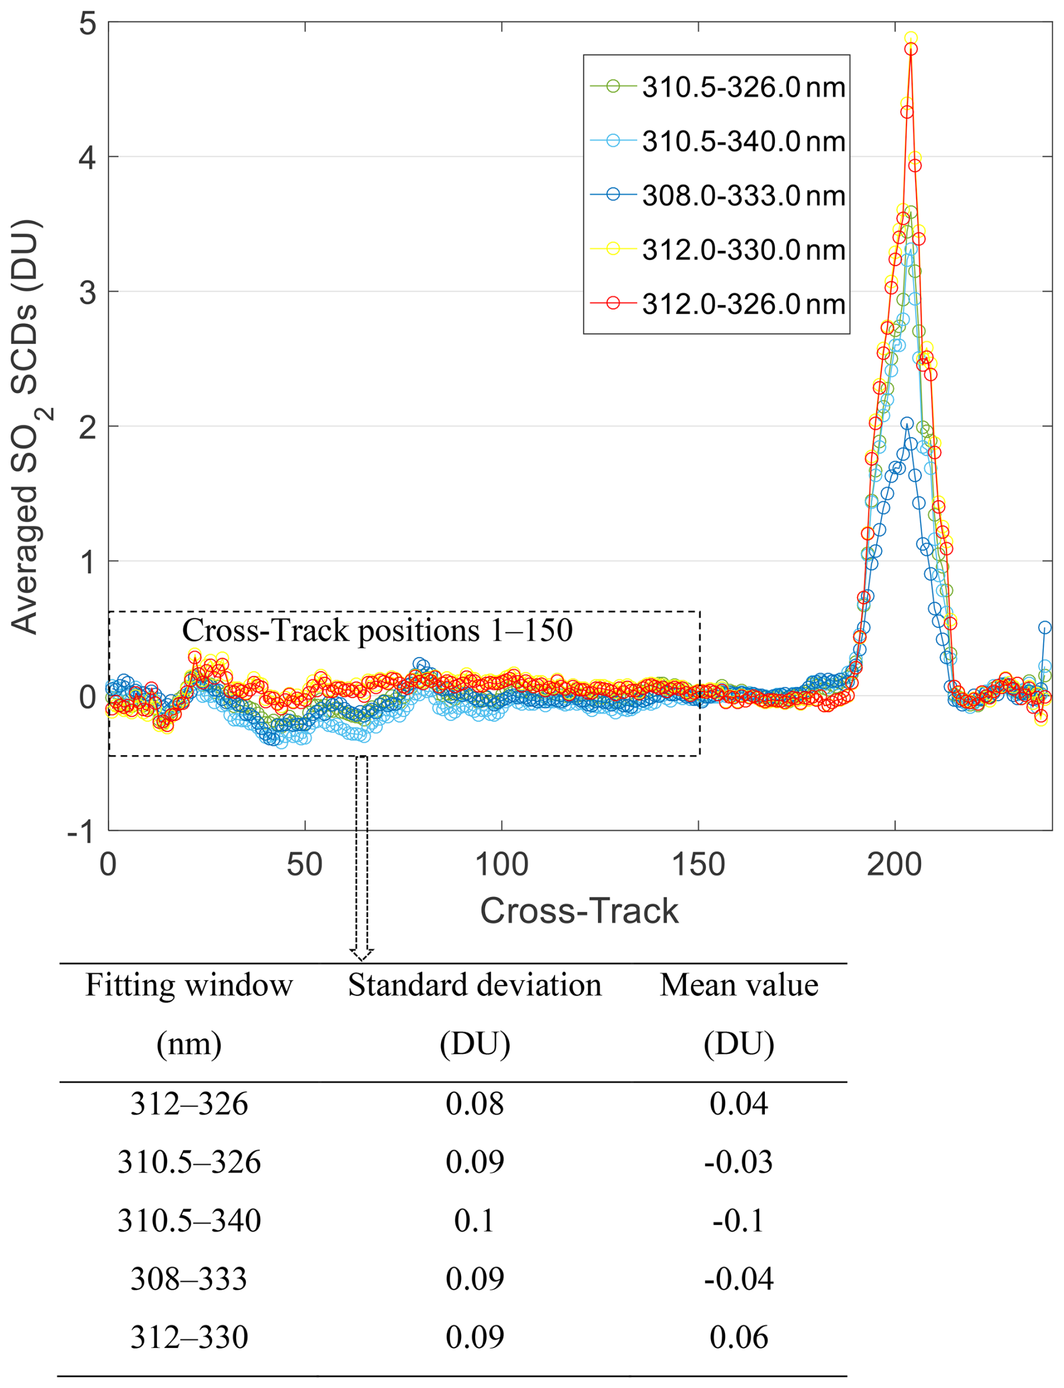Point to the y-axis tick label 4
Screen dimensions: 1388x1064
pos(87,156)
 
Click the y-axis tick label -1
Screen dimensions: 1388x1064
pos(81,831)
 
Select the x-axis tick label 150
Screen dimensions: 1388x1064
pos(698,865)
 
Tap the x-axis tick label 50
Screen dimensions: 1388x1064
pos(305,865)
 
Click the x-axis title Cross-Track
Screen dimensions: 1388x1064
pos(579,911)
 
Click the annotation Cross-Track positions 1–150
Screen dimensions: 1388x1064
pos(377,630)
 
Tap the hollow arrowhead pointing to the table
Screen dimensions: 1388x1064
pos(362,954)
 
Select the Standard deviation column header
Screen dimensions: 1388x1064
pos(475,986)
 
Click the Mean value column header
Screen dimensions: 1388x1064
pos(739,986)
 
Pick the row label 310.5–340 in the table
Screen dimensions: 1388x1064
pos(189,1221)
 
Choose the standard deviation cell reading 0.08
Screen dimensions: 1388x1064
pos(475,1103)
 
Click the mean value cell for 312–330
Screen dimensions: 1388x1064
pos(739,1337)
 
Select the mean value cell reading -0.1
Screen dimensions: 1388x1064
pos(739,1221)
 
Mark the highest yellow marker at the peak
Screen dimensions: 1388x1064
pos(910,38)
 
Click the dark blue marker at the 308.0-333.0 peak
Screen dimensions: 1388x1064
pos(907,423)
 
